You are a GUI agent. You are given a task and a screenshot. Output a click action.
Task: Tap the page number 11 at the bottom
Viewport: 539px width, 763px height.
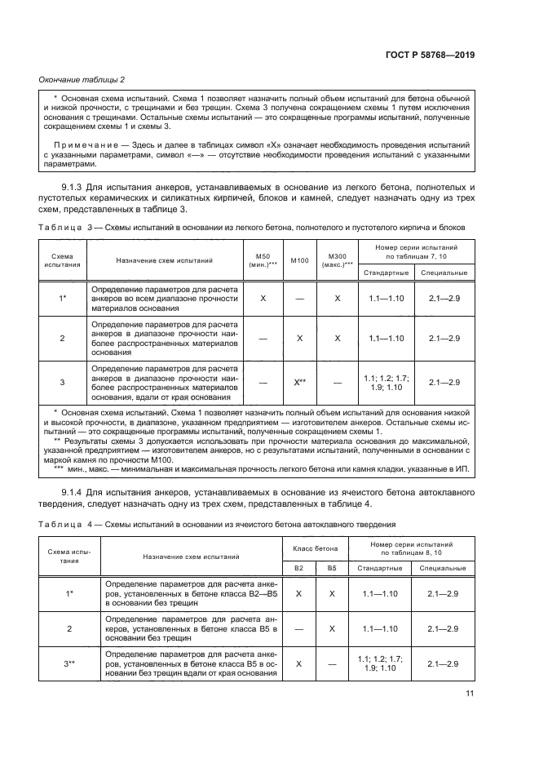point(470,694)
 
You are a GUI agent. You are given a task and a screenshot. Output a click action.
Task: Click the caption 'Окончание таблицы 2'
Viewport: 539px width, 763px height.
point(82,79)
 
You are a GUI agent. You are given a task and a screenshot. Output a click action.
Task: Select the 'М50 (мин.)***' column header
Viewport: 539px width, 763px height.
point(263,260)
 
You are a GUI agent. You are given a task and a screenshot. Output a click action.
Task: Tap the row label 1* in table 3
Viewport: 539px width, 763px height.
point(63,299)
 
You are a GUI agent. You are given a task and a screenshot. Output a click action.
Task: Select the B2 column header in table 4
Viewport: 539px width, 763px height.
point(298,567)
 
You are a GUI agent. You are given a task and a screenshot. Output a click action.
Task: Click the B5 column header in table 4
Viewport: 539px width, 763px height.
point(331,567)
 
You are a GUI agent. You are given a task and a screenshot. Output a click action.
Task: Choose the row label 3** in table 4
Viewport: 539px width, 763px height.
point(69,664)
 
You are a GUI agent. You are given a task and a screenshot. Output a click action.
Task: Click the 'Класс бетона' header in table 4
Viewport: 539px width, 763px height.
point(315,548)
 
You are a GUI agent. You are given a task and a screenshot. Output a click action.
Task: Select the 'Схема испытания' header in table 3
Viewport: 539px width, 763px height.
point(63,260)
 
